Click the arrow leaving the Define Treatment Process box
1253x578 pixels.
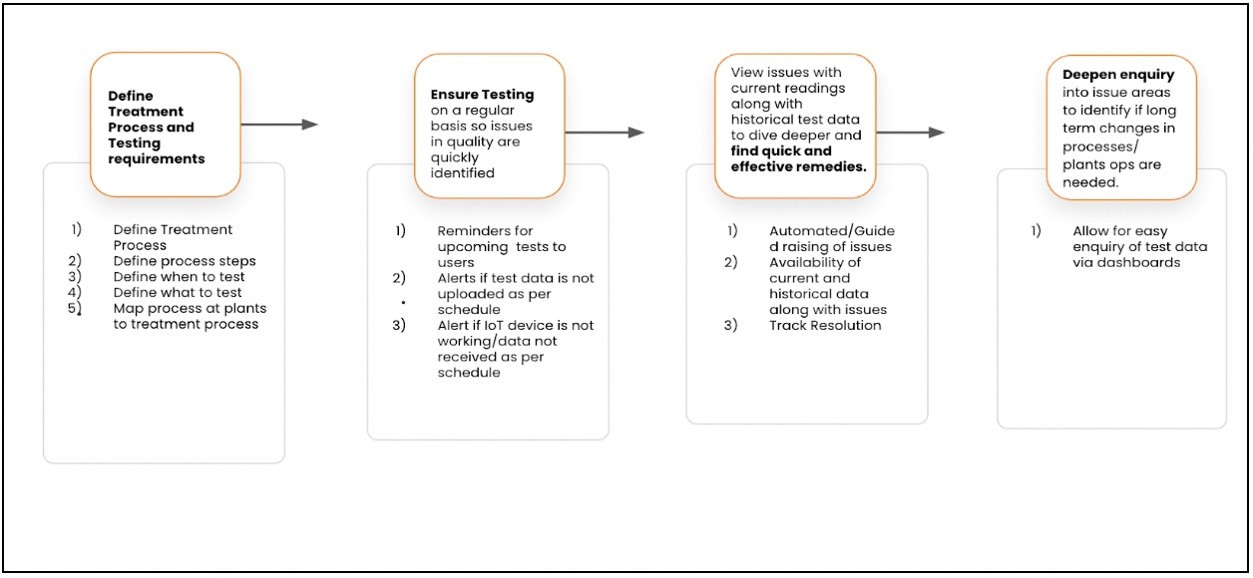(x=279, y=125)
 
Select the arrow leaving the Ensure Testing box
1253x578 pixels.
(x=605, y=133)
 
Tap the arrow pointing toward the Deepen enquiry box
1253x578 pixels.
(x=911, y=133)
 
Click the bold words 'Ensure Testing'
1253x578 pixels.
(x=482, y=95)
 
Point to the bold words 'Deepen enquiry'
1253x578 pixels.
(x=1118, y=75)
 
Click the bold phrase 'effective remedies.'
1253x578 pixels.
(x=798, y=166)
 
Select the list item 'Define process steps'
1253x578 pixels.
(x=185, y=261)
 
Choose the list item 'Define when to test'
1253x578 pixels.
(x=179, y=277)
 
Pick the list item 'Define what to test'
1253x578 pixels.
(x=178, y=292)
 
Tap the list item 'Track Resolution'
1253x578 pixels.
(x=825, y=325)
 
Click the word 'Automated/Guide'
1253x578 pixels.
(x=832, y=231)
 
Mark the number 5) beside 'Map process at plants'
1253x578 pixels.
(x=75, y=308)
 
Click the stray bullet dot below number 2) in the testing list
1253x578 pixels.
(x=403, y=302)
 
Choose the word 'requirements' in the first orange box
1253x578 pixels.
(x=157, y=159)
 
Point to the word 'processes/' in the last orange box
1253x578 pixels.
(x=1100, y=147)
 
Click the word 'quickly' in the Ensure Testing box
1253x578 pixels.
(x=455, y=157)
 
